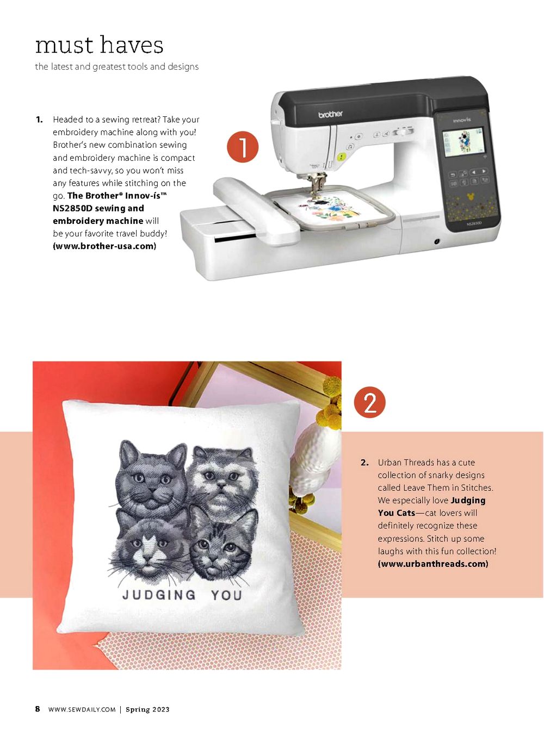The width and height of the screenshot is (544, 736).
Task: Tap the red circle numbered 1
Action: (x=243, y=147)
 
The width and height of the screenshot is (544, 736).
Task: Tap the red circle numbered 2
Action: (x=369, y=402)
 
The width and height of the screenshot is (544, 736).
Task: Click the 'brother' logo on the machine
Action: (x=330, y=114)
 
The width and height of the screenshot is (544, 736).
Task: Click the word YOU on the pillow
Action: (x=226, y=595)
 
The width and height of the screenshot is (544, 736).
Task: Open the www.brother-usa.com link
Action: (x=104, y=246)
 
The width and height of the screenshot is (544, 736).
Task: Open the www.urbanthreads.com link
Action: (x=432, y=564)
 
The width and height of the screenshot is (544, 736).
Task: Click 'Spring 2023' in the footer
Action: (x=147, y=709)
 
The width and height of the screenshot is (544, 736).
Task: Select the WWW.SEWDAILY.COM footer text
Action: (x=82, y=709)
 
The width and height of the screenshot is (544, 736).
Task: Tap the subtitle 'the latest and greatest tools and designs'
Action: (x=117, y=67)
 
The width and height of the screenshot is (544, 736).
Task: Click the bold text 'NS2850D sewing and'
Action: (x=98, y=208)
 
